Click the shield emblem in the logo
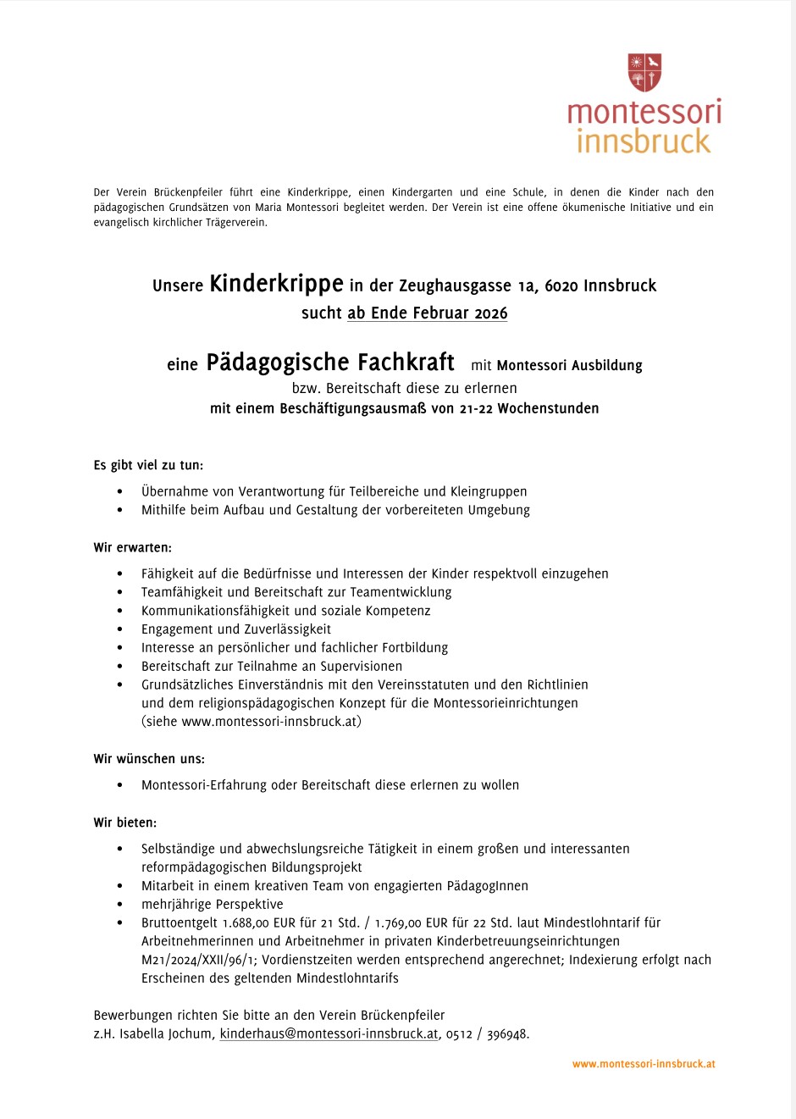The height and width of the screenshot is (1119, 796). point(644,72)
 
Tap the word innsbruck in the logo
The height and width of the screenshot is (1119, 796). point(644,141)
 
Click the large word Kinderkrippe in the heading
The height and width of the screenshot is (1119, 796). point(276,284)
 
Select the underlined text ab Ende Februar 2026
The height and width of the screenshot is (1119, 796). point(427,313)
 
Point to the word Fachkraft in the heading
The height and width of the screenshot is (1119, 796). point(406,363)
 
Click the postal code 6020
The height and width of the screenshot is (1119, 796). point(562,286)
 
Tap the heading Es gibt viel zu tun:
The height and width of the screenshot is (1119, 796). point(148,465)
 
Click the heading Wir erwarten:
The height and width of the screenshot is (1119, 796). point(132,548)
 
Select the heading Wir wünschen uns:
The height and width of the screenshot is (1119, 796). point(149,759)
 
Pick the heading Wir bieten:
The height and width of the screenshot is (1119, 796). point(124,823)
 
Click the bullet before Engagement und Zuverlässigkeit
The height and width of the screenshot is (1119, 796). point(120,629)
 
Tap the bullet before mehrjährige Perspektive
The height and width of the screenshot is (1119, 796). point(120,905)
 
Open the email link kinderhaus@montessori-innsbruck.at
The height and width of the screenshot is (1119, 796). point(329,1034)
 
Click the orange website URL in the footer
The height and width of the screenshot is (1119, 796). point(644,1064)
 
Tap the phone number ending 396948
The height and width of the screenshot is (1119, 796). point(508,1034)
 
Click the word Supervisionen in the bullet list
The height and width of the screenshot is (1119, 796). point(361,667)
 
